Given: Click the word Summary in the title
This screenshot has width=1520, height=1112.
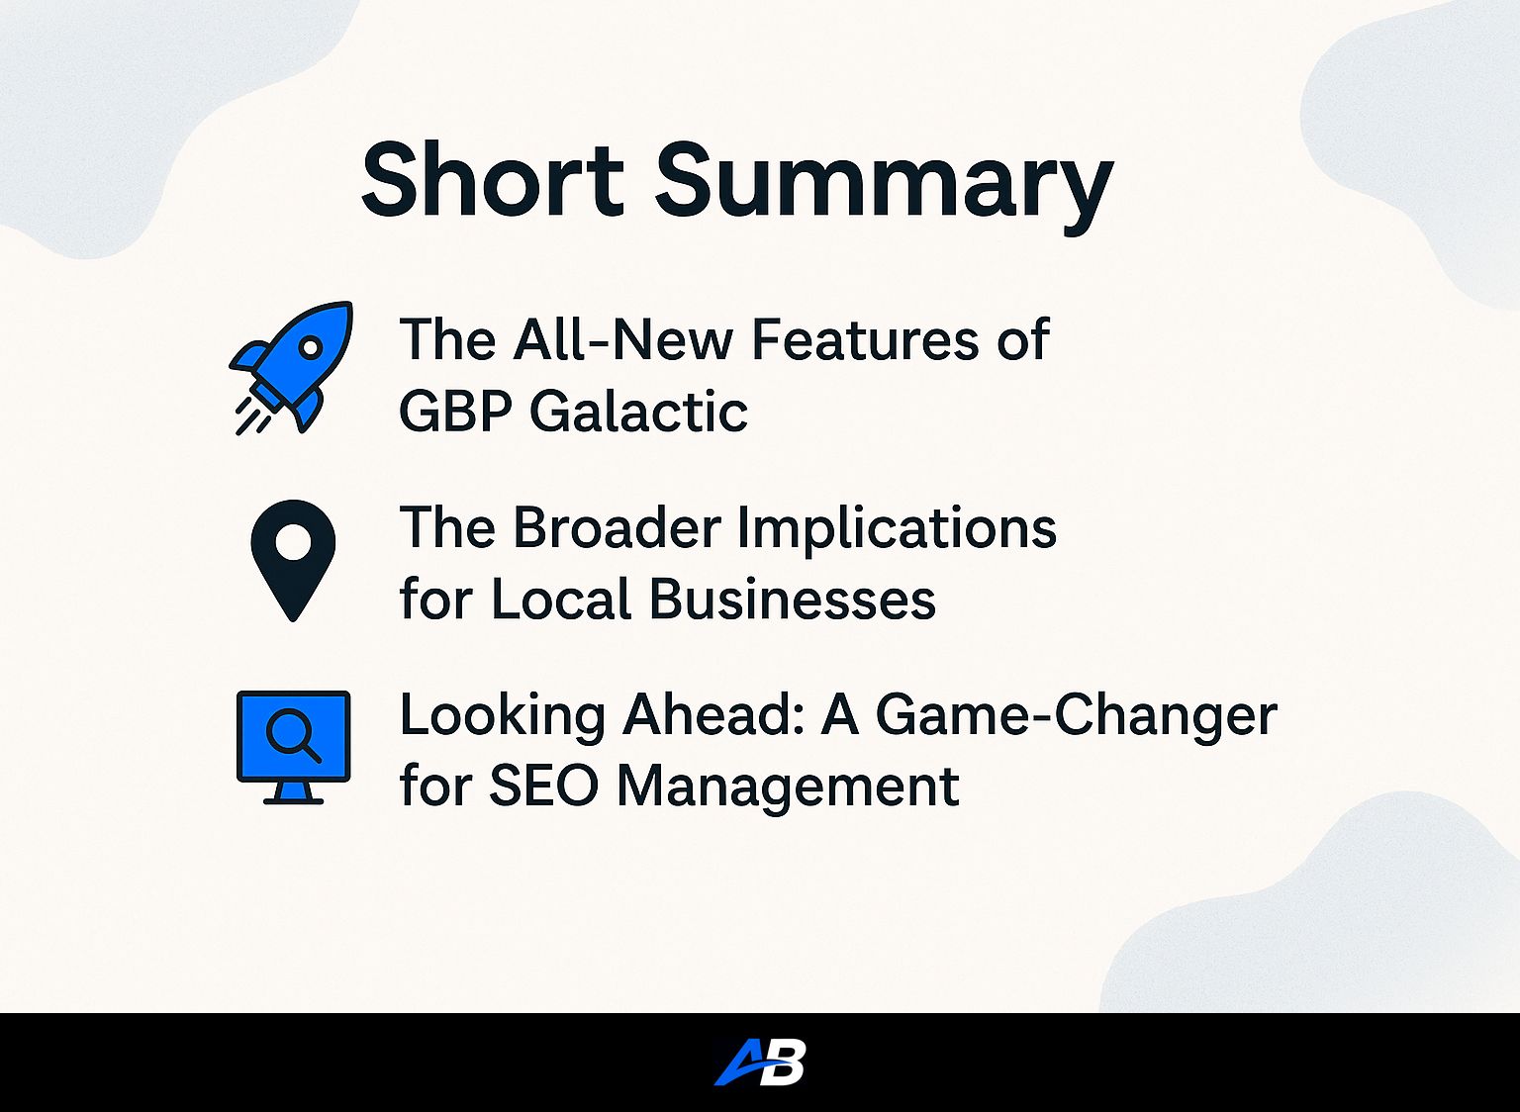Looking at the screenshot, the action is point(884,188).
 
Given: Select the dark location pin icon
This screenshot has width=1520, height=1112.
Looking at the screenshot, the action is point(293,560).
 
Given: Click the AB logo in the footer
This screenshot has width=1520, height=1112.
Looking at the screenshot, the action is point(760,1062).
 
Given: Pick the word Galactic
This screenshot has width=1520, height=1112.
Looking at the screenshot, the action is point(638,412).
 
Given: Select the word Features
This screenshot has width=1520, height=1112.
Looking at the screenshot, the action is point(865,338).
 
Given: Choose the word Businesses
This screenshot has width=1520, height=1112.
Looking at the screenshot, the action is point(793,599).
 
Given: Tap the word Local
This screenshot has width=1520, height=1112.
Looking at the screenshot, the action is point(562,599).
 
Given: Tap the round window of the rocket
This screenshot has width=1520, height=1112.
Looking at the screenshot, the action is point(310,348).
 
